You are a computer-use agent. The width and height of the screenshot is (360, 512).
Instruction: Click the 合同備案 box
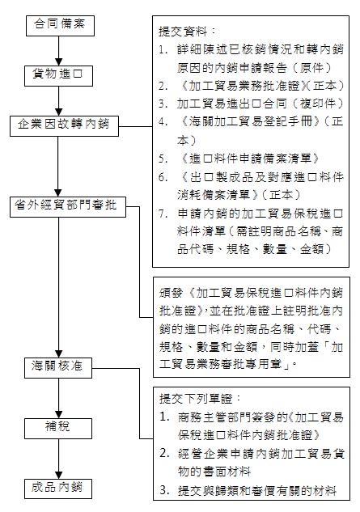60,25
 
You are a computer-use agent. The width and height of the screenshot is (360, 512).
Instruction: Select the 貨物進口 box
59,76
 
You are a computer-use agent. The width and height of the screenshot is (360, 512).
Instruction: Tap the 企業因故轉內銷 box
64,126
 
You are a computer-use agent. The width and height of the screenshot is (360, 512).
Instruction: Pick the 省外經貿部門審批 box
68,207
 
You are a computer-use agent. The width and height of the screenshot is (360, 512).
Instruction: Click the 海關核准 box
58,368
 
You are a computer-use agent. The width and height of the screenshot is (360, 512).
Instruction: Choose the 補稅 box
58,429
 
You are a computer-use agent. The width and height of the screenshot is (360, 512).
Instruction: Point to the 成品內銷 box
58,489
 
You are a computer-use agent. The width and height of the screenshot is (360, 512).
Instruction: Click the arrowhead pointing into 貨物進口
58,62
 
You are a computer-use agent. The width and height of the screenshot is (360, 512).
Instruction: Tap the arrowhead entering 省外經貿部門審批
58,193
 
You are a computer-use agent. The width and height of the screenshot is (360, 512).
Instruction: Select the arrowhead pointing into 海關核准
58,353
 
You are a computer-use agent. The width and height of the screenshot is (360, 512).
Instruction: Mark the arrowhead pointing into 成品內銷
58,475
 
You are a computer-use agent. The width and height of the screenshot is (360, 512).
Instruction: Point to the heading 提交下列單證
200,399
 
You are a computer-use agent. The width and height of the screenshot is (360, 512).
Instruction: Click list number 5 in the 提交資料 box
163,159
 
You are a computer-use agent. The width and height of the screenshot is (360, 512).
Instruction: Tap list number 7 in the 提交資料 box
163,214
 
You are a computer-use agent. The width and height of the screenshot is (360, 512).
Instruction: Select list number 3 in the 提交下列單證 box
164,490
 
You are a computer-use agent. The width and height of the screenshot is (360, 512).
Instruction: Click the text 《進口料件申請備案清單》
249,159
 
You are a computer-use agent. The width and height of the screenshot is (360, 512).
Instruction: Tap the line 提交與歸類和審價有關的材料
257,490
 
